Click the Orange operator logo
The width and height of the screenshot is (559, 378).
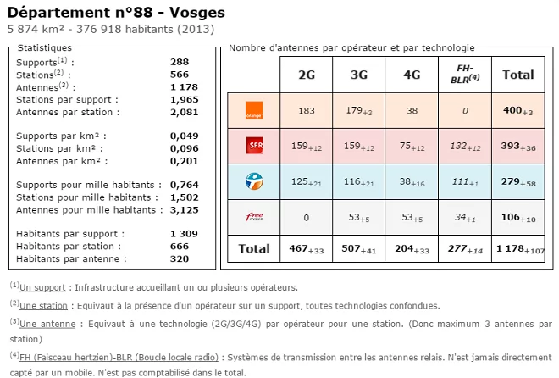[x=253, y=110]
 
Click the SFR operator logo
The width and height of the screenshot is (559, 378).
[x=253, y=146]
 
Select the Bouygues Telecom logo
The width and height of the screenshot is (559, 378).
[x=253, y=182]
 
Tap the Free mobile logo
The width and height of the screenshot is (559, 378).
[x=253, y=218]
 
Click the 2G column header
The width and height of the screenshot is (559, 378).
[x=307, y=75]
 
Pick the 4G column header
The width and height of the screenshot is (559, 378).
[x=412, y=75]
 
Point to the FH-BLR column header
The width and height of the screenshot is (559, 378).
[x=464, y=74]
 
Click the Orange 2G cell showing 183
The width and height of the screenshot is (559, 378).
[x=307, y=111]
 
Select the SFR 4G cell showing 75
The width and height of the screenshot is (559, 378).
[x=412, y=147]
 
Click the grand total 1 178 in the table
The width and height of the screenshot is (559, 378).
[x=518, y=248]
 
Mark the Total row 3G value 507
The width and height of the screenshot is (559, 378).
[x=359, y=248]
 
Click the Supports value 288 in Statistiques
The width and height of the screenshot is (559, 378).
[x=180, y=62]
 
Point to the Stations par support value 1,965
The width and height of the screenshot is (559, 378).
[x=185, y=99]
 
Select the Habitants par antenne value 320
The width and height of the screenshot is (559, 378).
[x=180, y=258]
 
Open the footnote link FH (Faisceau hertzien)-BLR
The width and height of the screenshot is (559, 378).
[x=119, y=356]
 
